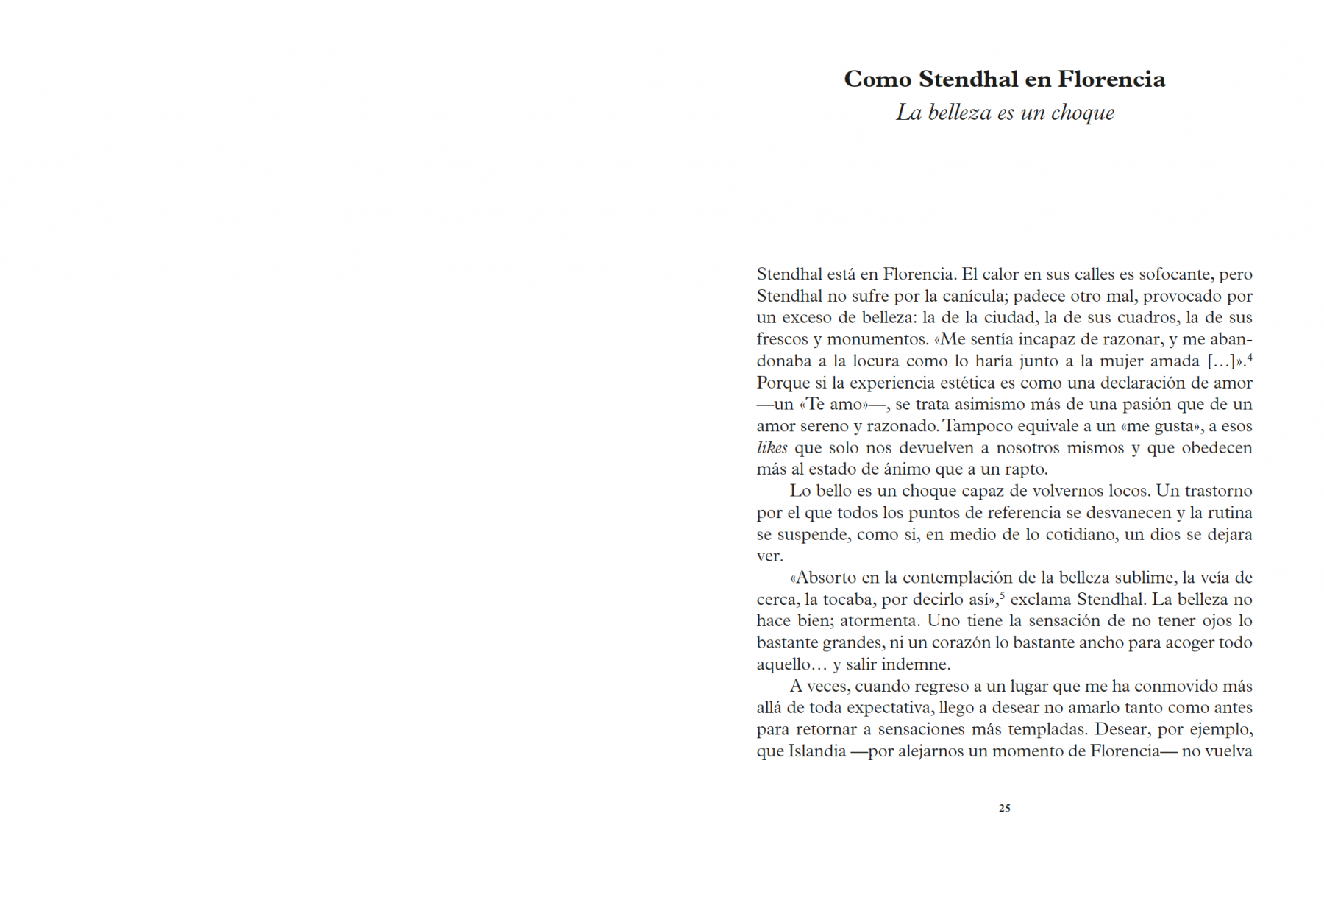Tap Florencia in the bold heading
click(1111, 79)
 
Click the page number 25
click(1004, 808)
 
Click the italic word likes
click(772, 447)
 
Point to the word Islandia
click(817, 751)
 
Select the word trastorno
click(1215, 491)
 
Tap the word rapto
click(1025, 469)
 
